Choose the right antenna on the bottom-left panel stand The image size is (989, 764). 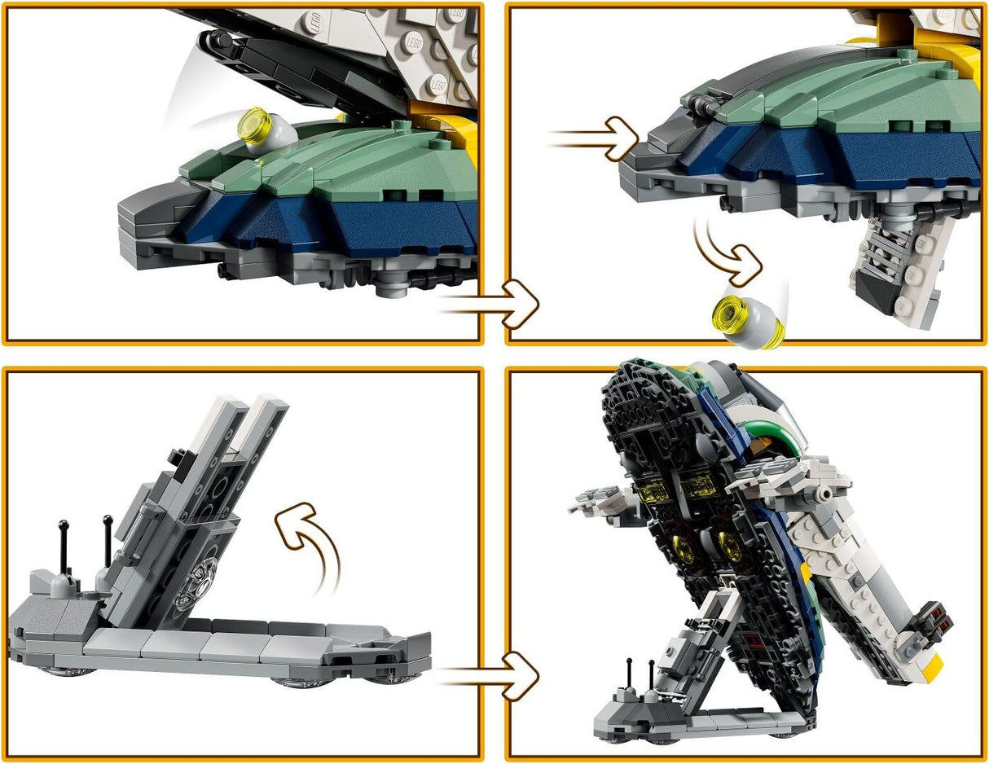107,542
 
